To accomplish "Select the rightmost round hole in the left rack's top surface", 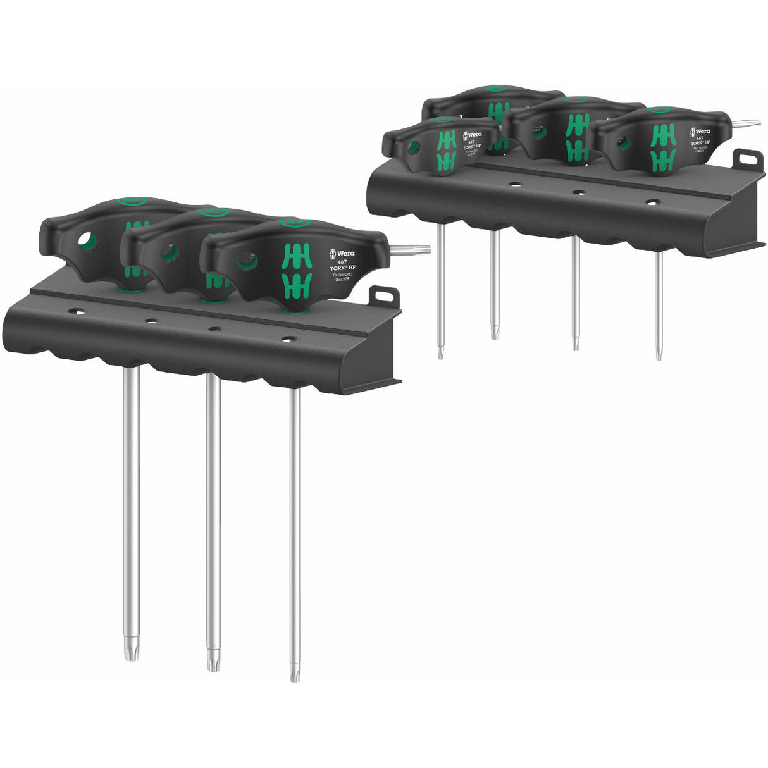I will (289, 339).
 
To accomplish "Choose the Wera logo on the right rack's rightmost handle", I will (699, 132).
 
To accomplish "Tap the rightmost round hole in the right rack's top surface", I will (651, 203).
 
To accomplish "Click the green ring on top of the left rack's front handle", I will (294, 222).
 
